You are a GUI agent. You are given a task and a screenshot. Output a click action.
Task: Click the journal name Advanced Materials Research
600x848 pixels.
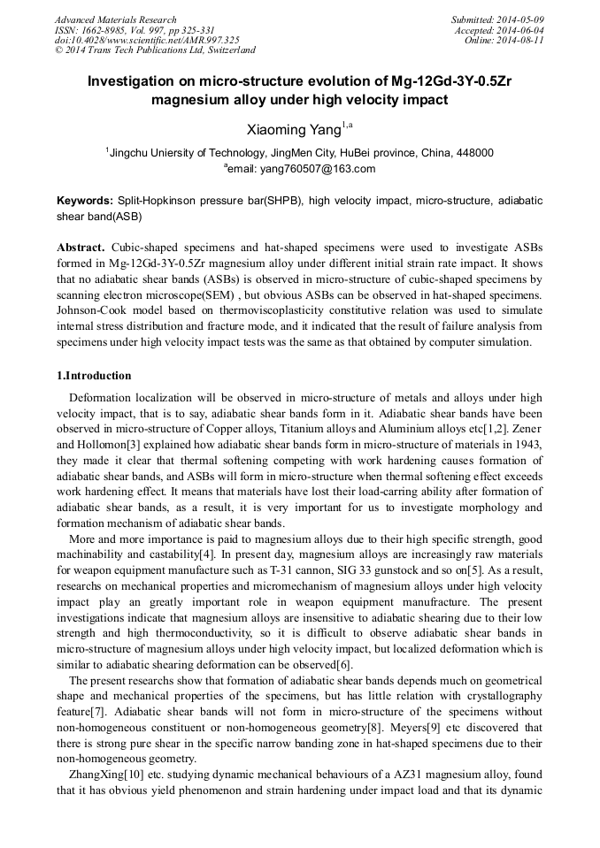(115, 19)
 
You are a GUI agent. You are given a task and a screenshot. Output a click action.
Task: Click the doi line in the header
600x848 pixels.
(147, 40)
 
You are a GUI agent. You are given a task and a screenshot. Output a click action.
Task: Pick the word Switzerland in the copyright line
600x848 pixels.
(230, 50)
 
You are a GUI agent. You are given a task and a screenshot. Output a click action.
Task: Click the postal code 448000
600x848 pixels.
(474, 152)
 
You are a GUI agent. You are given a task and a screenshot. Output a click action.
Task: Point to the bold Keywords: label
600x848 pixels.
(84, 201)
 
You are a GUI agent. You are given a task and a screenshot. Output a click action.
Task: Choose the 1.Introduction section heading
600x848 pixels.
(94, 375)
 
